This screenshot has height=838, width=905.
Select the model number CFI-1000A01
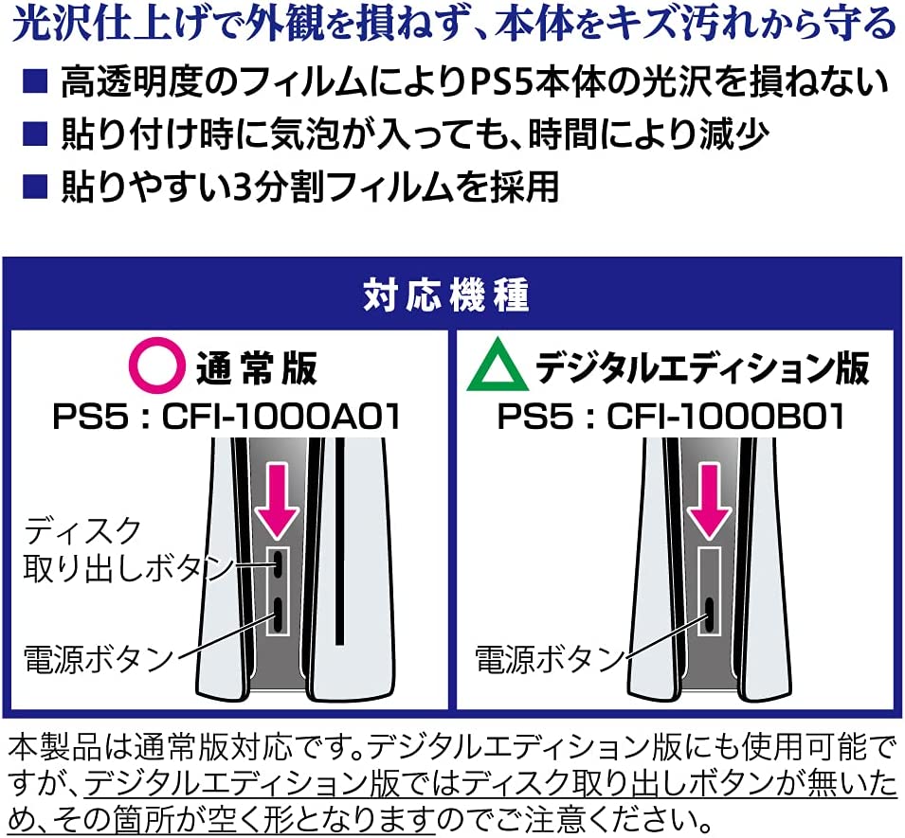coord(281,417)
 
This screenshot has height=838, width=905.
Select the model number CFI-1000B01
coord(726,417)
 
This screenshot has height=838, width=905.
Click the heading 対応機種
coord(446,294)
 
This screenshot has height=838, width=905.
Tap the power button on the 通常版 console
coord(279,615)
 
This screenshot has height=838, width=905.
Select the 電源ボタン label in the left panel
coord(99,659)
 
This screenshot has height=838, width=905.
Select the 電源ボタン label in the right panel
coord(550,659)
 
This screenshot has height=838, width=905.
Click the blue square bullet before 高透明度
coord(35,80)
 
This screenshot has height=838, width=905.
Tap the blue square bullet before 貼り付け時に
coord(35,134)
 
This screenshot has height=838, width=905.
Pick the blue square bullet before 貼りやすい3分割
coord(35,187)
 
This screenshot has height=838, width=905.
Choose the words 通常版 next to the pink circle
coord(257,367)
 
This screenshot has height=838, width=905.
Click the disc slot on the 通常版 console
coord(339,541)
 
